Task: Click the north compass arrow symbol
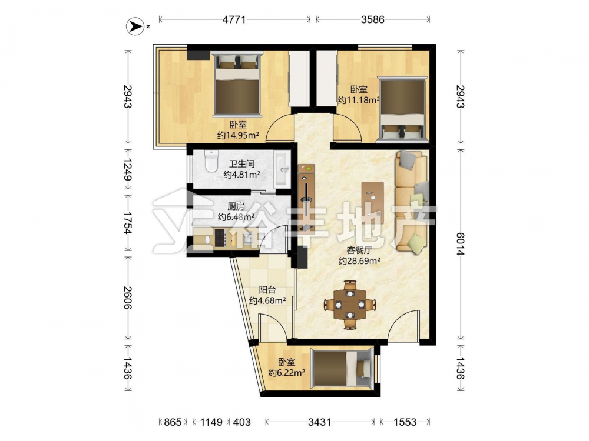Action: (135, 26)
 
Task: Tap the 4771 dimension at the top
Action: (234, 19)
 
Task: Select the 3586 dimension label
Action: (373, 19)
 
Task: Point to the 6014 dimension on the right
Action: (460, 244)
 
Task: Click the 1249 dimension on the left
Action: (128, 169)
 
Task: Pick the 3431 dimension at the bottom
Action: (320, 422)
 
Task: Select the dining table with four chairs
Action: (350, 305)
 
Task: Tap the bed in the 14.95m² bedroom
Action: (237, 84)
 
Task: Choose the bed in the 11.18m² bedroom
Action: (402, 110)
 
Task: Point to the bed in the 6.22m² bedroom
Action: (342, 367)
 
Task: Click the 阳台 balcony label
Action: (267, 290)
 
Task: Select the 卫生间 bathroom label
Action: (242, 163)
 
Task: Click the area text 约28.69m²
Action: (359, 260)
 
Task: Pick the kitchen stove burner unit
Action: (220, 238)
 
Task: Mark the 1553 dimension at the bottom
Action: (405, 422)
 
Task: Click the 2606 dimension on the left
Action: (128, 298)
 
